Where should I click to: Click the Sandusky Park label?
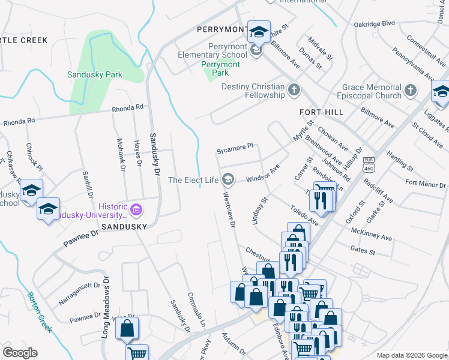pos(94,75)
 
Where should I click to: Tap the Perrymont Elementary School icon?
pos(256,50)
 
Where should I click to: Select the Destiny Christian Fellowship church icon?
pos(294,91)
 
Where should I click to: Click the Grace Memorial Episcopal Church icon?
pos(411,91)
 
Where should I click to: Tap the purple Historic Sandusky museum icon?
pos(136,210)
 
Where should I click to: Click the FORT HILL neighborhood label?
pos(322,112)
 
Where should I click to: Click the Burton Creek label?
pos(39,312)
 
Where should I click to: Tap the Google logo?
pos(20,353)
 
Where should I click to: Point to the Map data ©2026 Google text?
pos(411,355)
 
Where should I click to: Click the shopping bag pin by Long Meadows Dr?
pos(127,328)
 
